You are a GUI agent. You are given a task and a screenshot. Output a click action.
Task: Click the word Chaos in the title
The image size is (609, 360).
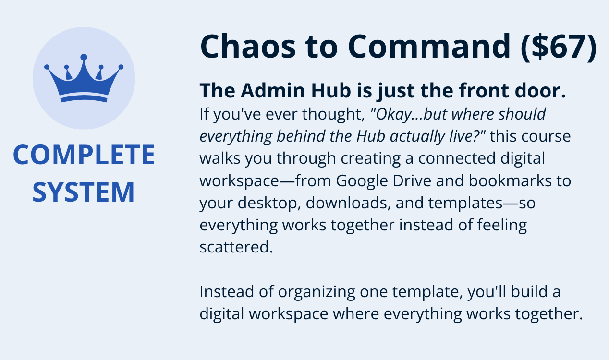[248, 46]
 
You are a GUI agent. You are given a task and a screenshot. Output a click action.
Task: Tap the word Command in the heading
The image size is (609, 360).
[429, 46]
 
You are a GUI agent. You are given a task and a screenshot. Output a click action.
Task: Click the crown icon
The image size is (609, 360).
[84, 78]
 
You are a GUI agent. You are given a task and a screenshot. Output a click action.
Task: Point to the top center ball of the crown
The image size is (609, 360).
[84, 57]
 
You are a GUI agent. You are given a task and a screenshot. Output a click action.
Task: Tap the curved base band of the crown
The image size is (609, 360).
[84, 98]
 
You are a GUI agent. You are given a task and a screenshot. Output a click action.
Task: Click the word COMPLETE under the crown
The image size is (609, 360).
[84, 155]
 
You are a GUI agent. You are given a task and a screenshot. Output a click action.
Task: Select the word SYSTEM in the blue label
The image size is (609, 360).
[84, 192]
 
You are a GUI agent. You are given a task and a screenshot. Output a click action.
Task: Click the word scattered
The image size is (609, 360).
[236, 247]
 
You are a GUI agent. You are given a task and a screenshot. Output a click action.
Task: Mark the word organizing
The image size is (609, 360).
[316, 292]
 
